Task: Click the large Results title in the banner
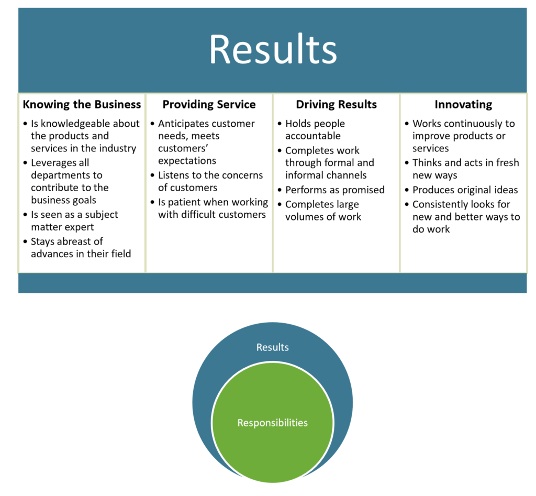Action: [x=273, y=50]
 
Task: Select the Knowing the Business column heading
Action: [x=82, y=104]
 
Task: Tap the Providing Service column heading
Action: [x=209, y=104]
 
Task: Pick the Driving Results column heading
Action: [x=336, y=104]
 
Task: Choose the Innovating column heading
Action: [x=463, y=104]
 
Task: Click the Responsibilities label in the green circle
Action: [x=272, y=423]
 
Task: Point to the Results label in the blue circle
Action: [x=272, y=347]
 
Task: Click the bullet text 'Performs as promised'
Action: [x=335, y=190]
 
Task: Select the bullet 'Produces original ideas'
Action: [x=465, y=190]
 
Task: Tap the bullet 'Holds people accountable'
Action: [x=315, y=130]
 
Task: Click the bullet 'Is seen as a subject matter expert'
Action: [x=74, y=221]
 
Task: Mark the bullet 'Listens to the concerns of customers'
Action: [x=211, y=181]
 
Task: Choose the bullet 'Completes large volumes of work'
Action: [x=323, y=210]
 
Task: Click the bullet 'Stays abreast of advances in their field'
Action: [x=80, y=248]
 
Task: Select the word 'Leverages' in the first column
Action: [x=52, y=163]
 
